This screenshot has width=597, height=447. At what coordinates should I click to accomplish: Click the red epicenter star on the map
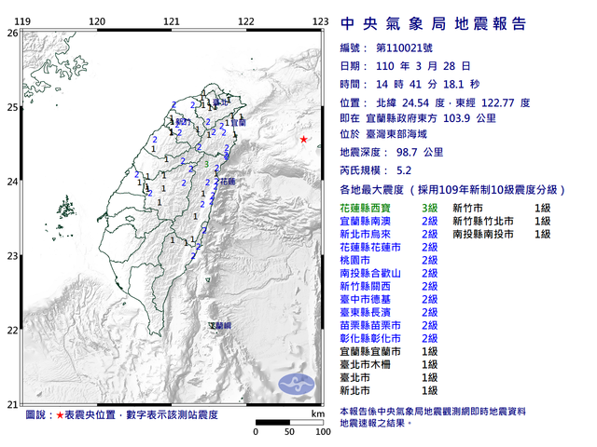pyautogui.click(x=303, y=140)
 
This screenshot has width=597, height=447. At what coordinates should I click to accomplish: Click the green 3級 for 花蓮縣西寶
pyautogui.click(x=430, y=208)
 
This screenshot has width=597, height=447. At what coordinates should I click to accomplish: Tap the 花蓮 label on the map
pyautogui.click(x=229, y=183)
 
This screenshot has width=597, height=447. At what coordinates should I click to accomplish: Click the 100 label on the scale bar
pyautogui.click(x=322, y=433)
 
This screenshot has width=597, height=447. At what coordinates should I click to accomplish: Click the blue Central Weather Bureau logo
pyautogui.click(x=298, y=381)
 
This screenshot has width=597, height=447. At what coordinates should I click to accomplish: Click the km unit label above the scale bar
pyautogui.click(x=317, y=413)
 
